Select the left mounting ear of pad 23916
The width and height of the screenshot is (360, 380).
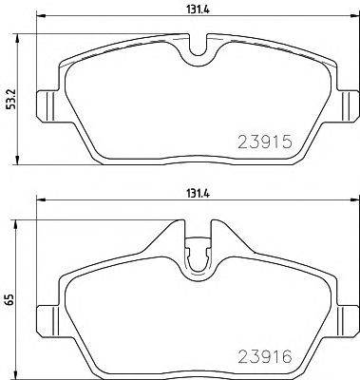coord(45,316)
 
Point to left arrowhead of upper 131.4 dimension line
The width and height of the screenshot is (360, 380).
coord(39,20)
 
